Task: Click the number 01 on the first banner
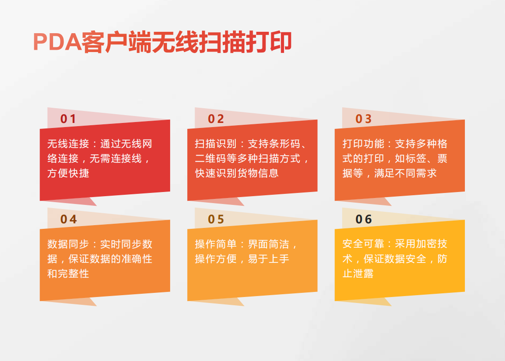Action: [68, 119]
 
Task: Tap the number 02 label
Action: [216, 119]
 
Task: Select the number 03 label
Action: [363, 119]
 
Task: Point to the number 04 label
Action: [68, 219]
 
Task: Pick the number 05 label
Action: [216, 219]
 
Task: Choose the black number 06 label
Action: [363, 219]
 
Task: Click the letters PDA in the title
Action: [57, 42]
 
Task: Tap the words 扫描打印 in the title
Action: [245, 42]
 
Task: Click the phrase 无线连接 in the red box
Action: [68, 144]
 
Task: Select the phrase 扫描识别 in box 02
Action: [215, 144]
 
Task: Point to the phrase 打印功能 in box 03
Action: [363, 144]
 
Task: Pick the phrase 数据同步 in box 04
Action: [68, 244]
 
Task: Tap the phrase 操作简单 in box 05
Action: [215, 244]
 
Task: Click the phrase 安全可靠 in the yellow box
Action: [363, 244]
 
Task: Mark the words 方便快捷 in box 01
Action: [68, 173]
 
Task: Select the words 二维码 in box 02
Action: [210, 158]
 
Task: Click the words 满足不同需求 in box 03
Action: [405, 173]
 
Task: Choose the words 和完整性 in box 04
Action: [68, 274]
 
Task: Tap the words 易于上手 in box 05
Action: [268, 259]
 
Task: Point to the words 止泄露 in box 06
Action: [358, 274]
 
